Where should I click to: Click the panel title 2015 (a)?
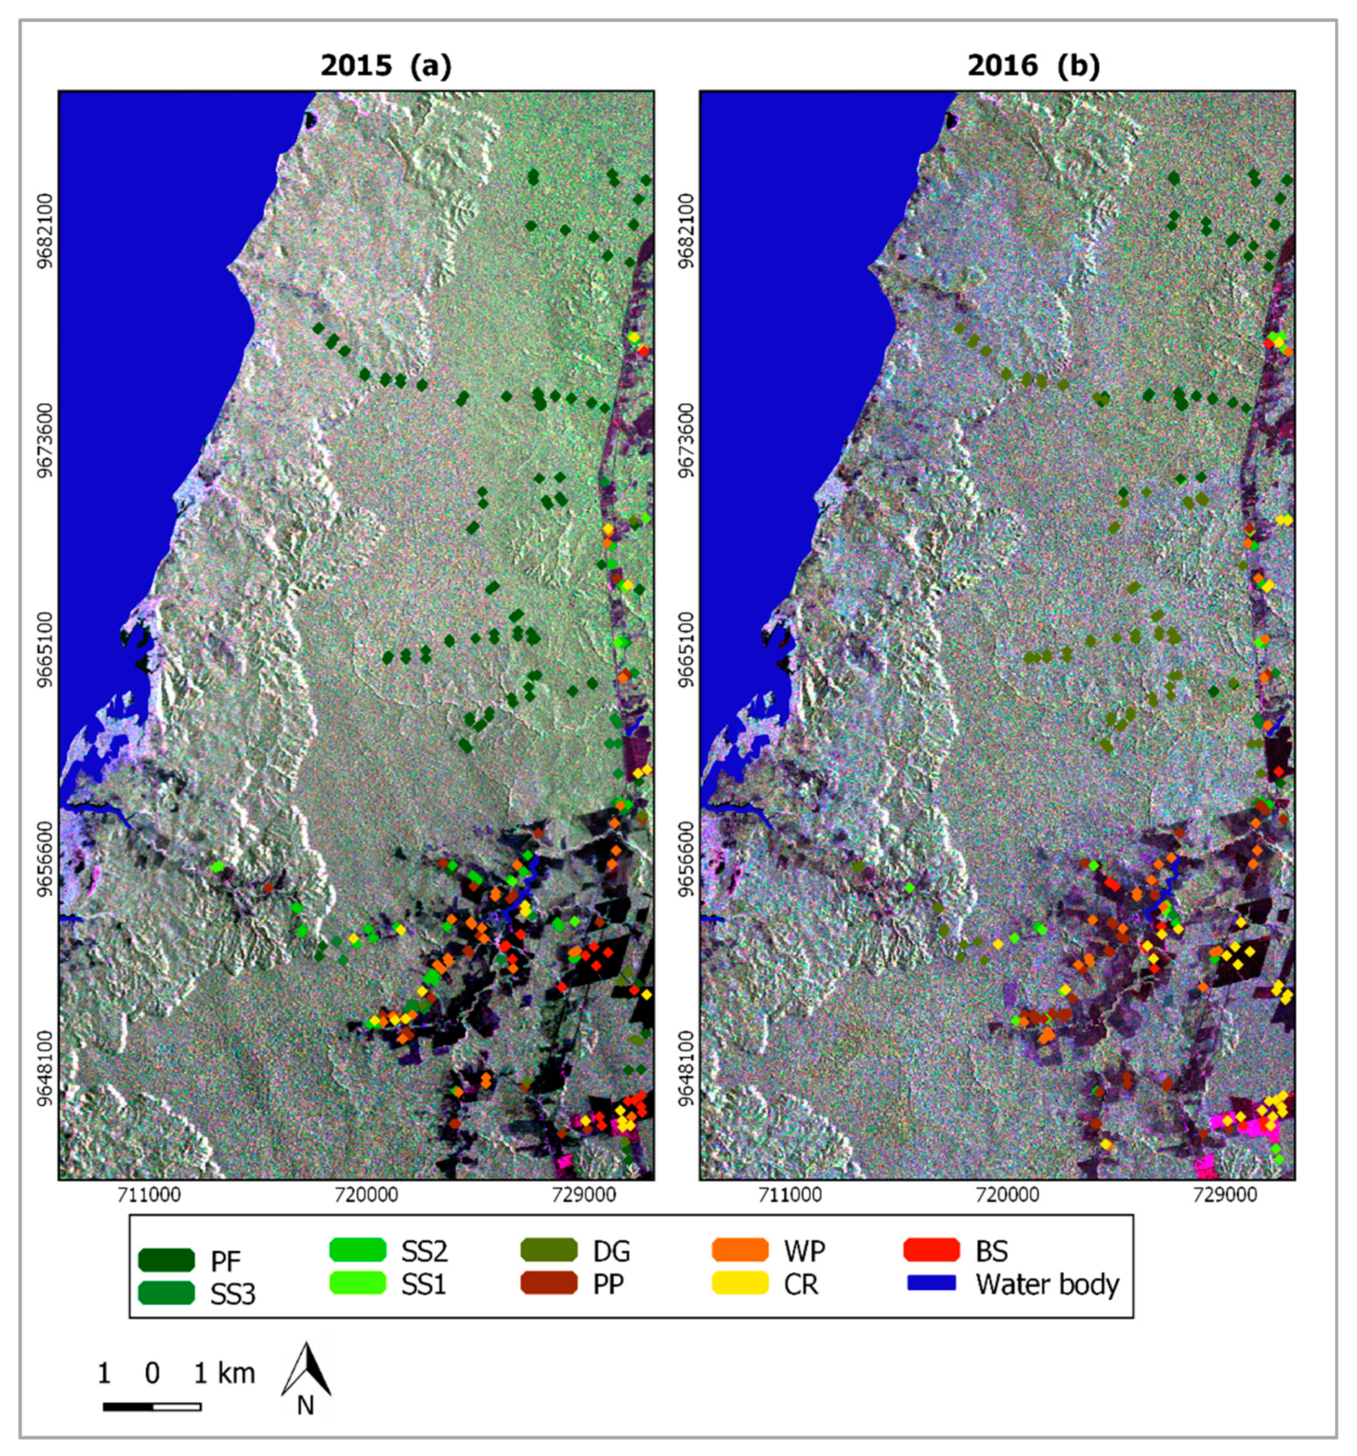point(386,66)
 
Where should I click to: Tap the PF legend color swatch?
point(166,1260)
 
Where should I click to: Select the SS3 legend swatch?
point(166,1293)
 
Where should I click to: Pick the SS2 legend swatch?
point(357,1250)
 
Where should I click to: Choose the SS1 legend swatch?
point(357,1283)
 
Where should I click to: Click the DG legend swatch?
point(549,1250)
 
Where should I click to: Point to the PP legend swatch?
point(549,1283)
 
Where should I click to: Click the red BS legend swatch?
point(931,1250)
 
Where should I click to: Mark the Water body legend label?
point(1047,1284)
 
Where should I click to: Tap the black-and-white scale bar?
point(152,1406)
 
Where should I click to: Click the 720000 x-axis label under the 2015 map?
point(367,1196)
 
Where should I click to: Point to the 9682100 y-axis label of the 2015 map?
point(46,232)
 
